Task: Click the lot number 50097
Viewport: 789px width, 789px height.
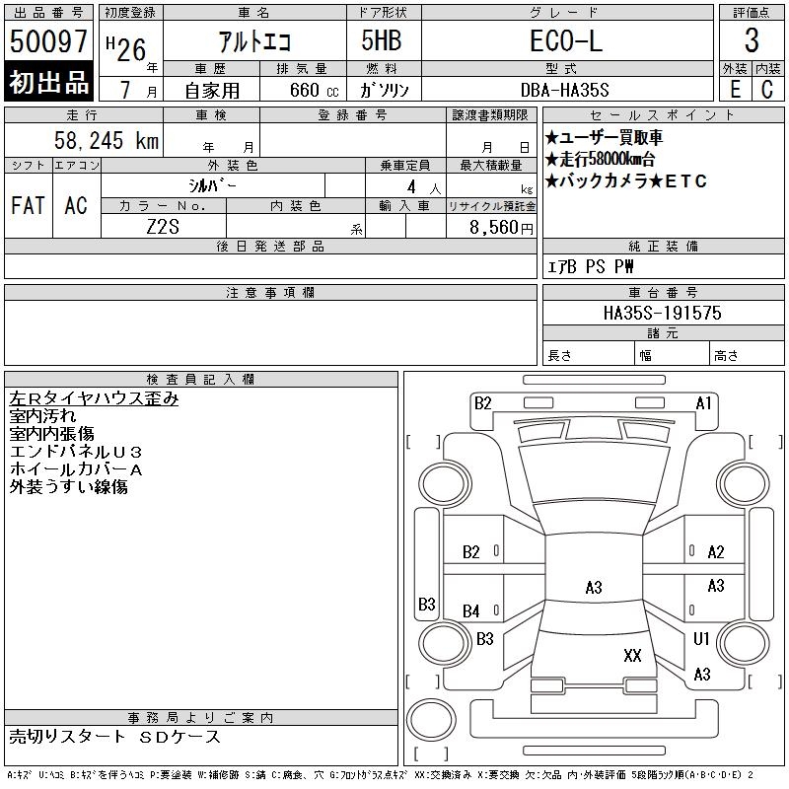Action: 48,41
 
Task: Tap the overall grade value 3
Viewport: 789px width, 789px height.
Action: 752,40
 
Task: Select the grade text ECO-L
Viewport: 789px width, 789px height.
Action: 566,40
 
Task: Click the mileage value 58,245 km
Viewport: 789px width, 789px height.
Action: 107,141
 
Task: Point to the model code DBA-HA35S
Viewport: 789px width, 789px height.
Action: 564,90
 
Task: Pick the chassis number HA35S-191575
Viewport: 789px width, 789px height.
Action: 662,313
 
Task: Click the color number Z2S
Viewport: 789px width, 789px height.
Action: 163,227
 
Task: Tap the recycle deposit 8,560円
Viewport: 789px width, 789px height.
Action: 501,228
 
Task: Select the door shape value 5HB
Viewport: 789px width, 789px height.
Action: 382,40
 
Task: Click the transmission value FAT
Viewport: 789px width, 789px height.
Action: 28,205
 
